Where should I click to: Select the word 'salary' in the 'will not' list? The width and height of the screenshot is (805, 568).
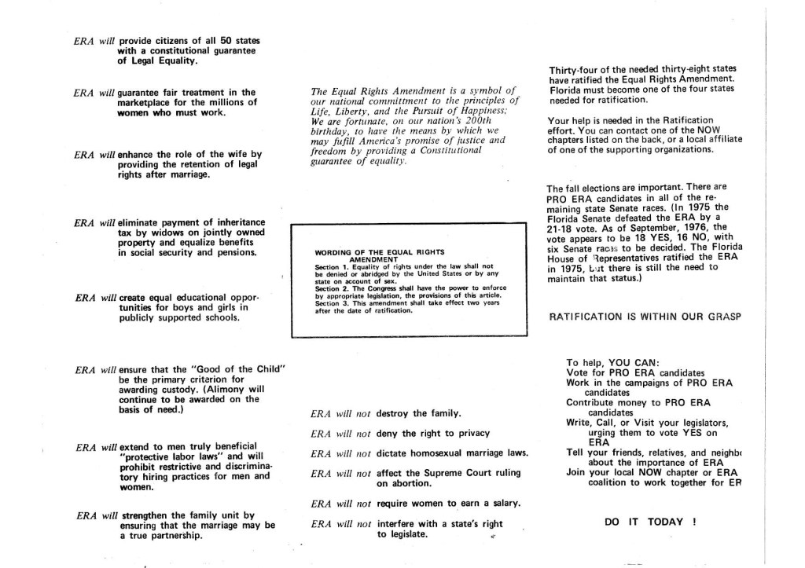[x=503, y=503]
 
